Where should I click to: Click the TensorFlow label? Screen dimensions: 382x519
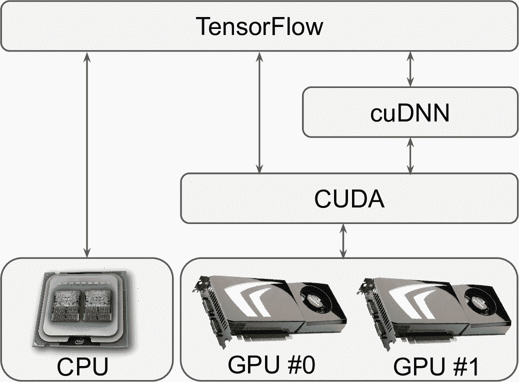259,26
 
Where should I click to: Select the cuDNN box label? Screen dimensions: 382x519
410,113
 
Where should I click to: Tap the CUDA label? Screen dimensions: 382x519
349,199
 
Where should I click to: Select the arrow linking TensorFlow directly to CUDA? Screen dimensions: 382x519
259,112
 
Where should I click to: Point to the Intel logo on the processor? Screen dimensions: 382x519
79,342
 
